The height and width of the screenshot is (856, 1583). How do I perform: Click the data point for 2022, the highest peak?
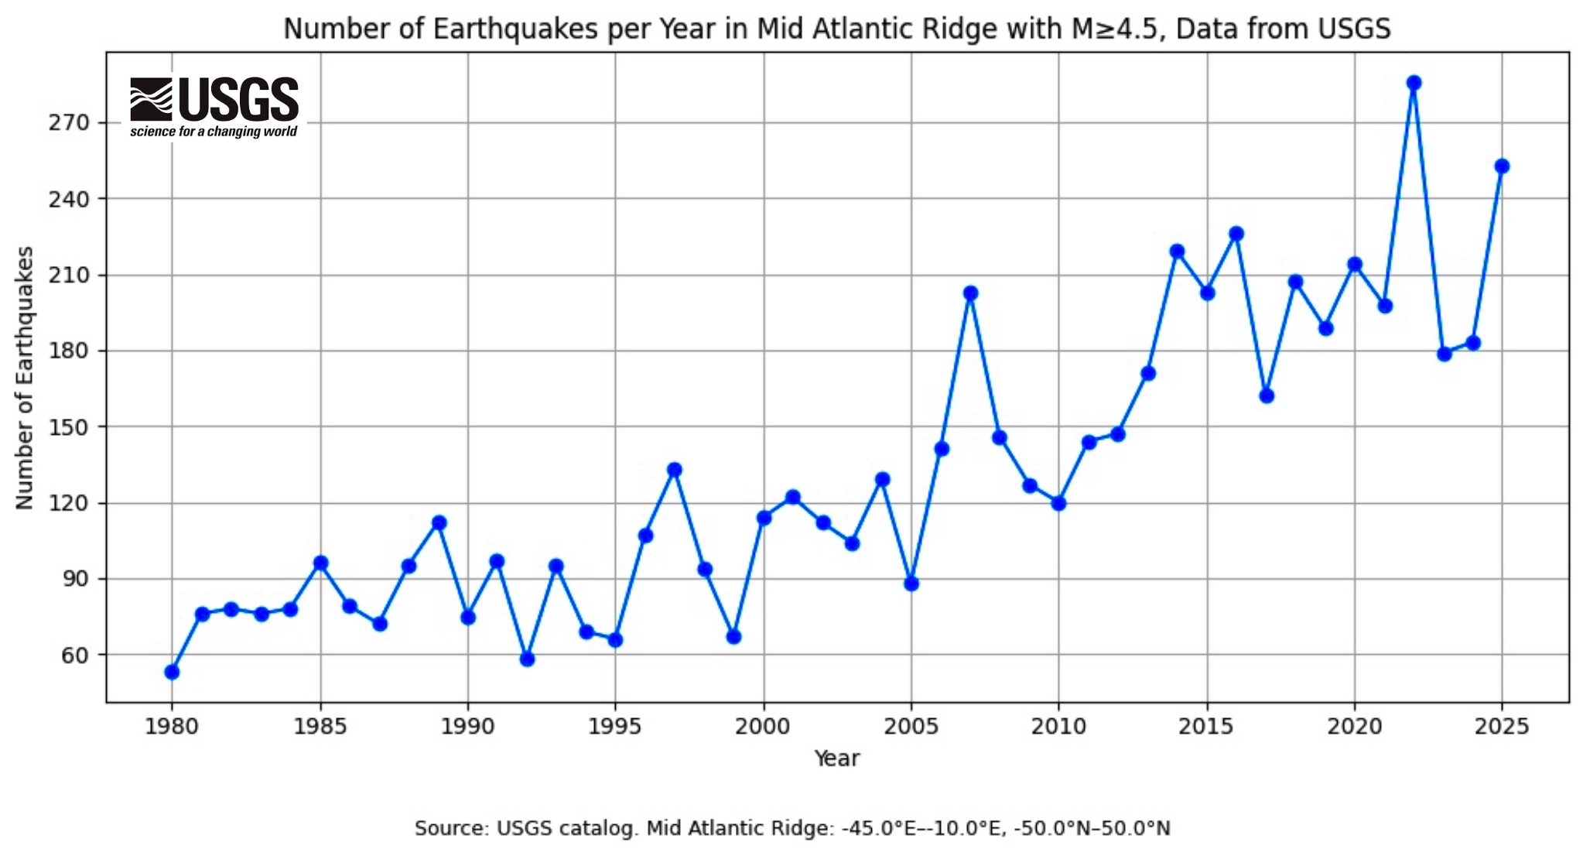[1414, 83]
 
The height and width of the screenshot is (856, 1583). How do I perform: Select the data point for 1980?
[172, 672]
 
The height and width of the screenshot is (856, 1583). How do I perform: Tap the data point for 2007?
[970, 293]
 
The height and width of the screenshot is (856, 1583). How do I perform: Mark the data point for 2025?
[1502, 166]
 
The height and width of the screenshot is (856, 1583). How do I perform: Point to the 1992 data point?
[527, 659]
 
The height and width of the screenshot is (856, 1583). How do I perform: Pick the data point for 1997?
[675, 470]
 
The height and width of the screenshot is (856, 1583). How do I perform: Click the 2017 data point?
[1267, 395]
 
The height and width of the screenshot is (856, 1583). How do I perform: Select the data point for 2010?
[1058, 503]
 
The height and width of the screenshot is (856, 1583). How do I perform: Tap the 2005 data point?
[911, 584]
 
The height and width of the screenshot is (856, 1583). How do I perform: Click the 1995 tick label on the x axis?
[615, 727]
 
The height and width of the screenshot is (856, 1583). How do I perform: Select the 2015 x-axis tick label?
[1207, 727]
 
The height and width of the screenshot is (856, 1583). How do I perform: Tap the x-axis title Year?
[836, 758]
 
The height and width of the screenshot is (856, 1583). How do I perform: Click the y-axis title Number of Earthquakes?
[25, 378]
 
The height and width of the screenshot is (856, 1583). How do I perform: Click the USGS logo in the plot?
[214, 107]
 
